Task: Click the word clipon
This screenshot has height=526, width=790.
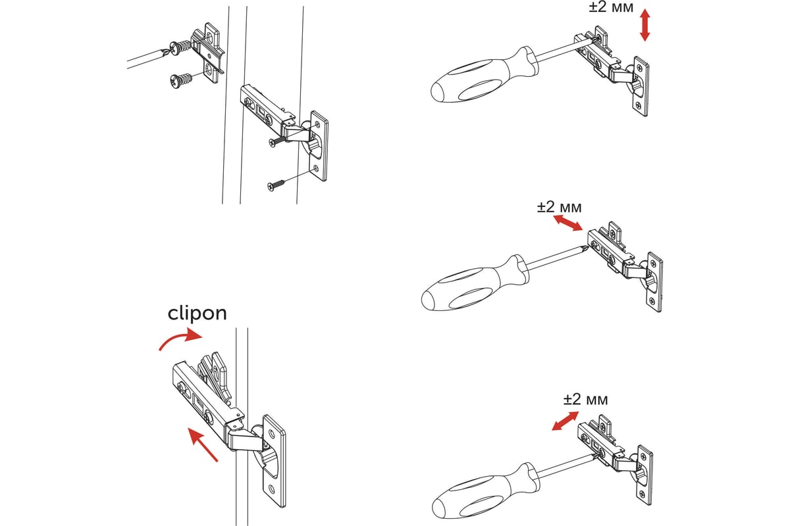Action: click(x=197, y=313)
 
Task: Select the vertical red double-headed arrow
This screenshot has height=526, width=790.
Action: click(x=645, y=25)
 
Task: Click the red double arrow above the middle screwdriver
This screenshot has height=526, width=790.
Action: click(x=567, y=223)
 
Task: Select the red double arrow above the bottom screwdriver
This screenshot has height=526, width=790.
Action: click(x=566, y=421)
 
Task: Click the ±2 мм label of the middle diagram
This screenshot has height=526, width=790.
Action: click(x=560, y=207)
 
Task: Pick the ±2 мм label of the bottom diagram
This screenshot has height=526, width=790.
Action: click(x=585, y=399)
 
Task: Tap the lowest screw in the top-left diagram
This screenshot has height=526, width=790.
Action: click(x=276, y=185)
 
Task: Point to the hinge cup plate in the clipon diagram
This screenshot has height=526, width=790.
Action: click(x=275, y=460)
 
